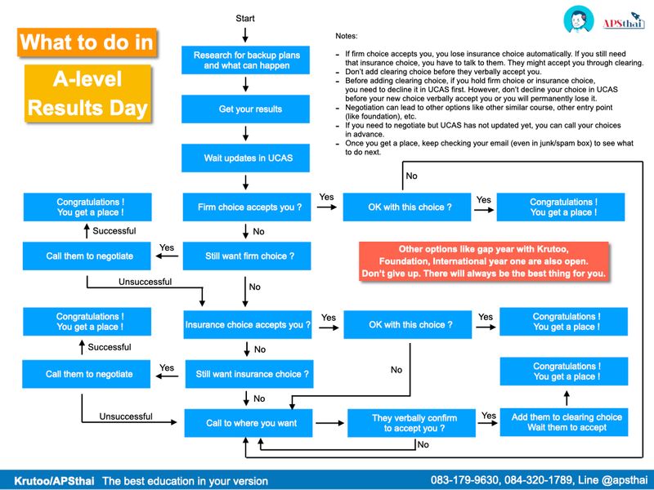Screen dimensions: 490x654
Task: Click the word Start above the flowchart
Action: click(x=245, y=18)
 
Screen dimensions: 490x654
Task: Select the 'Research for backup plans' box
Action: click(x=246, y=60)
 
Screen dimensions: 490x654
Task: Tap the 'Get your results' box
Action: click(x=246, y=109)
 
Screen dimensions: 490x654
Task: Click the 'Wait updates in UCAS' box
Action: click(x=246, y=158)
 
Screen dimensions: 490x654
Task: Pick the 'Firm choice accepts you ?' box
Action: click(x=246, y=207)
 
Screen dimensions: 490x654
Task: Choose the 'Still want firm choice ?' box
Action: click(x=246, y=256)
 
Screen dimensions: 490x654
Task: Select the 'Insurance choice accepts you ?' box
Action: click(x=248, y=325)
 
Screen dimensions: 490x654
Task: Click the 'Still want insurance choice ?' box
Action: click(x=248, y=374)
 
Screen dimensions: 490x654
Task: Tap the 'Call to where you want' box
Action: click(x=248, y=423)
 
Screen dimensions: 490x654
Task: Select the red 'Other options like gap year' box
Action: click(x=483, y=261)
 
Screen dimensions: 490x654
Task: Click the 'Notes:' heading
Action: click(x=347, y=37)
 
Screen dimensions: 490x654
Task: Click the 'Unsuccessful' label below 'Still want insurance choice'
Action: click(x=126, y=416)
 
